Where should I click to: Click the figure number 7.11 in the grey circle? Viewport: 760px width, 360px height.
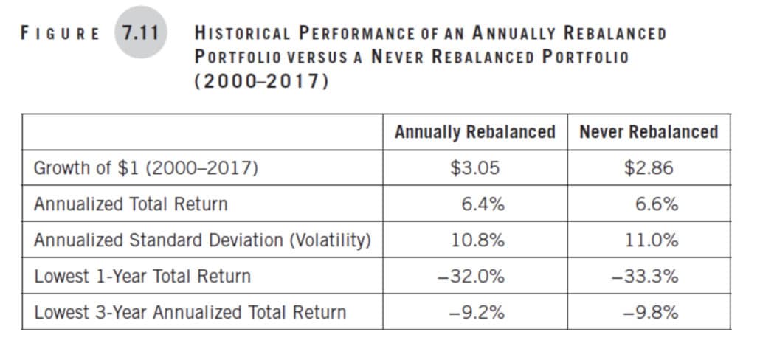pyautogui.click(x=141, y=33)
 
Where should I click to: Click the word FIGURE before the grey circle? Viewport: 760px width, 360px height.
pyautogui.click(x=60, y=33)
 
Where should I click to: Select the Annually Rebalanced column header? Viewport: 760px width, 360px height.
pyautogui.click(x=475, y=132)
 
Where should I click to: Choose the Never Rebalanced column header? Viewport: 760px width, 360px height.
pyautogui.click(x=649, y=132)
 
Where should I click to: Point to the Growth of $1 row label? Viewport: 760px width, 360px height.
pyautogui.click(x=146, y=168)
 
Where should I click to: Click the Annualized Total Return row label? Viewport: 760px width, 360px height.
pyautogui.click(x=131, y=204)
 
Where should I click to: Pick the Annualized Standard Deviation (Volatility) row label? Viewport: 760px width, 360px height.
pyautogui.click(x=202, y=240)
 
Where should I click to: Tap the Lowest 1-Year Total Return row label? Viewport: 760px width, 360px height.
pyautogui.click(x=142, y=276)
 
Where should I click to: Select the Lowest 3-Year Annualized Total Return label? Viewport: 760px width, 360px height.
pyautogui.click(x=190, y=312)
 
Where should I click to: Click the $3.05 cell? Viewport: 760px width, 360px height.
pyautogui.click(x=474, y=168)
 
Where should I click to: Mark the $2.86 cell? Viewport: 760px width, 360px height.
pyautogui.click(x=649, y=168)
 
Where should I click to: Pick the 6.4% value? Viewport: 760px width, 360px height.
pyautogui.click(x=483, y=204)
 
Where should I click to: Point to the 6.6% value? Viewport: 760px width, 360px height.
pyautogui.click(x=657, y=204)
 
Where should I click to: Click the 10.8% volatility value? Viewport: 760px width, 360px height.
pyautogui.click(x=478, y=240)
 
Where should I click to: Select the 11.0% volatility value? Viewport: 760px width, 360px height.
pyautogui.click(x=652, y=240)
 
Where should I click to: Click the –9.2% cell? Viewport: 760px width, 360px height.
pyautogui.click(x=477, y=313)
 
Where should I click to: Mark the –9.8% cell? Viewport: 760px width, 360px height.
pyautogui.click(x=651, y=313)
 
